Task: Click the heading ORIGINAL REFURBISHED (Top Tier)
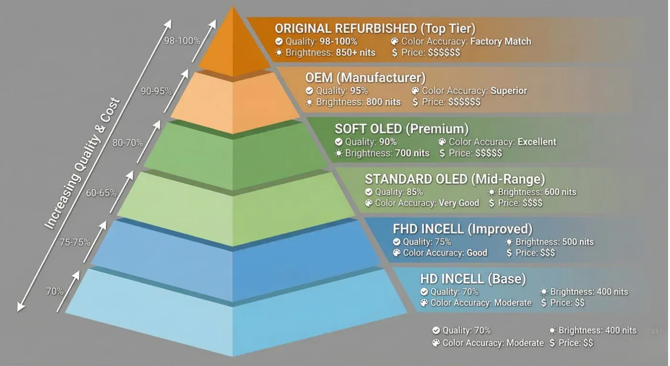(375, 29)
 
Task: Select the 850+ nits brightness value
(355, 53)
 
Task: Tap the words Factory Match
(501, 41)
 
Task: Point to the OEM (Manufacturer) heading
(365, 78)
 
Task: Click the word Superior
(509, 91)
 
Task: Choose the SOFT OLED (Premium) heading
(402, 129)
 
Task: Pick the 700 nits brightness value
(412, 153)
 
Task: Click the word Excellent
(537, 142)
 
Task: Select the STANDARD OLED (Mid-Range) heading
(455, 179)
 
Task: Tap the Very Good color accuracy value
(459, 203)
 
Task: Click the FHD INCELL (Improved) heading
(463, 229)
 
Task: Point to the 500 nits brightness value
(578, 242)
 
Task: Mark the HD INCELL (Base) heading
(473, 279)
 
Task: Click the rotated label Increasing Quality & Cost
(82, 163)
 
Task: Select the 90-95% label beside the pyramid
(156, 91)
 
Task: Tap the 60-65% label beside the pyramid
(101, 193)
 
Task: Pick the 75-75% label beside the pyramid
(75, 242)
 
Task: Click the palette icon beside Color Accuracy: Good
(397, 253)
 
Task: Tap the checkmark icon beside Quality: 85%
(369, 192)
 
